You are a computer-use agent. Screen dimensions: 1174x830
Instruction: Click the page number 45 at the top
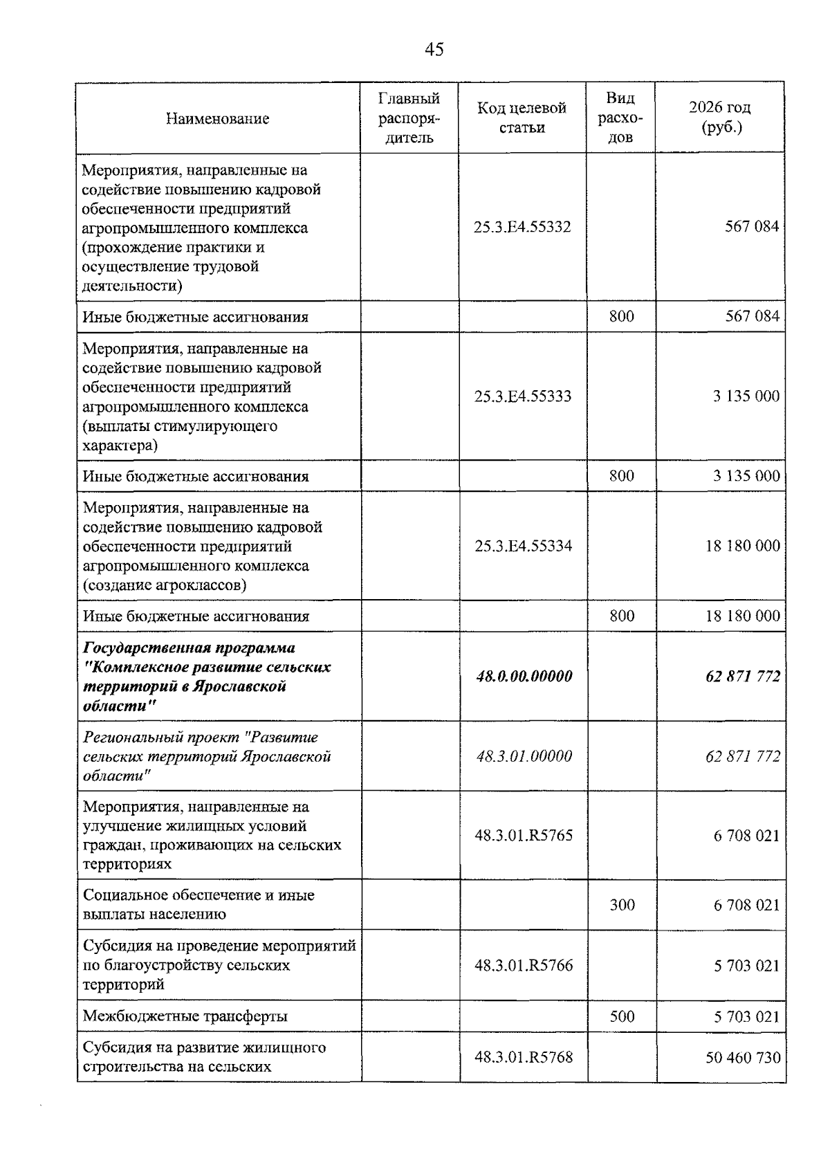[x=434, y=50]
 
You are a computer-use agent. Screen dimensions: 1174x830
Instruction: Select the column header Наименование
[x=217, y=118]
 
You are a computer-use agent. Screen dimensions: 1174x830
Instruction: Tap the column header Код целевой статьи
[x=522, y=118]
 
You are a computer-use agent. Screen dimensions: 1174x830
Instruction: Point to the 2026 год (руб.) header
[x=719, y=118]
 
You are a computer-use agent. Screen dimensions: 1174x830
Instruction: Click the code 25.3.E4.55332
[x=522, y=227]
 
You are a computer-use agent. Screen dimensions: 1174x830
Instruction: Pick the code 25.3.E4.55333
[x=523, y=396]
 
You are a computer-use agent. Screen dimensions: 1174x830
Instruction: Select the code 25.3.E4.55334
[x=523, y=546]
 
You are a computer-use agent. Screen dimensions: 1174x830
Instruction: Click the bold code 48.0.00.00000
[x=524, y=676]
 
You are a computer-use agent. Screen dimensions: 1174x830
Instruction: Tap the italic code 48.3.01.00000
[x=524, y=756]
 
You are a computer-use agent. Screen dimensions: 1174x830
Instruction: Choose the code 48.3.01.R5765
[x=524, y=836]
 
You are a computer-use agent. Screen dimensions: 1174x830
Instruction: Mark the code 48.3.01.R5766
[x=524, y=966]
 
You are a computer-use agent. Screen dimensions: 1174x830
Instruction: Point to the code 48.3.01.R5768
[x=524, y=1057]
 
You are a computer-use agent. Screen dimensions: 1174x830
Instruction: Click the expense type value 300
[x=622, y=905]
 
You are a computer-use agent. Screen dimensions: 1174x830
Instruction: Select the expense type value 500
[x=622, y=1016]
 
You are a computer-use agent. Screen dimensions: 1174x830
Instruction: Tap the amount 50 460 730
[x=742, y=1058]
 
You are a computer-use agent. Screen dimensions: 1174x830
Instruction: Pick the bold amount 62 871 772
[x=742, y=676]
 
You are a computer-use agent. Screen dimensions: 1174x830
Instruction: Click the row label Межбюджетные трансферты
[x=185, y=1016]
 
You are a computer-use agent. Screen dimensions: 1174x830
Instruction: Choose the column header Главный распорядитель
[x=409, y=118]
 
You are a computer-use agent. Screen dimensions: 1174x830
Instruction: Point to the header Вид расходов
[x=620, y=118]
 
